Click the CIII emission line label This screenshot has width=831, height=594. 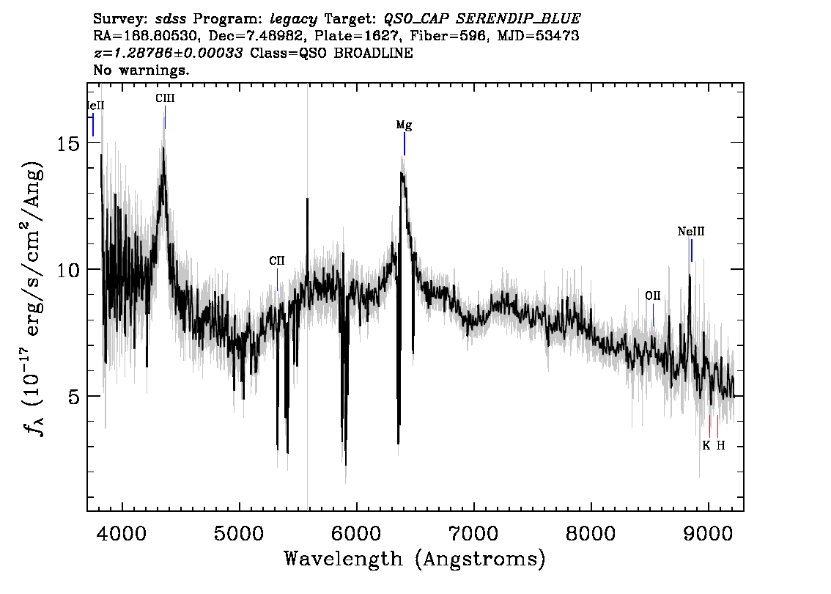point(165,98)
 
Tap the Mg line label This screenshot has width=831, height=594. point(404,125)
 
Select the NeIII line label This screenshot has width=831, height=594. point(691,231)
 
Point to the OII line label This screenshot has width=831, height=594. point(653,296)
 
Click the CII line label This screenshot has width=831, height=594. point(277,260)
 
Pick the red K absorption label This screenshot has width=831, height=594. point(706,446)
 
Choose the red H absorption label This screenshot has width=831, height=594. point(721,446)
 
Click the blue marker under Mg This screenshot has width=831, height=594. point(405,144)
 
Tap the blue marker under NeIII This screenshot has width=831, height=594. point(692,250)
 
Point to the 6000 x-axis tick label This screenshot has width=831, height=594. point(356,533)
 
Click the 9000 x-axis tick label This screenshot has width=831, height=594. point(708,533)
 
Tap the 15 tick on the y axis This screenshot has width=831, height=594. point(68,143)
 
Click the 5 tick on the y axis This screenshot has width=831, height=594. point(75,396)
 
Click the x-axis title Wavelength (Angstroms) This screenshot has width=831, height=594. point(415,559)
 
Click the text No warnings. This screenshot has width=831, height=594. point(141,70)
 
